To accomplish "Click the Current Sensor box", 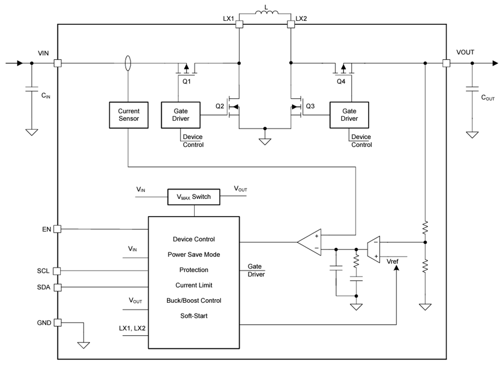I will coord(129,115).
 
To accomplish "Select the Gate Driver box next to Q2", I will coord(180,115).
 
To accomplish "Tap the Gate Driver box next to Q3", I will coord(349,115).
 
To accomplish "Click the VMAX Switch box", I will coord(194,197).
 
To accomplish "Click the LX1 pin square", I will coord(239,24).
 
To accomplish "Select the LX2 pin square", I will coord(290,24).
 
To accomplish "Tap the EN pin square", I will coord(58,229).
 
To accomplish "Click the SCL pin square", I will coord(58,271).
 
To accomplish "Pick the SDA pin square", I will coord(58,287).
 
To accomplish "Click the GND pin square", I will coord(58,322).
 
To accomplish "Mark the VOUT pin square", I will coord(446,63).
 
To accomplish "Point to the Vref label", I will coord(393,261).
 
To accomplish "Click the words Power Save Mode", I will coord(194,255).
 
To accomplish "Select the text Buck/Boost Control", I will coord(194,300).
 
